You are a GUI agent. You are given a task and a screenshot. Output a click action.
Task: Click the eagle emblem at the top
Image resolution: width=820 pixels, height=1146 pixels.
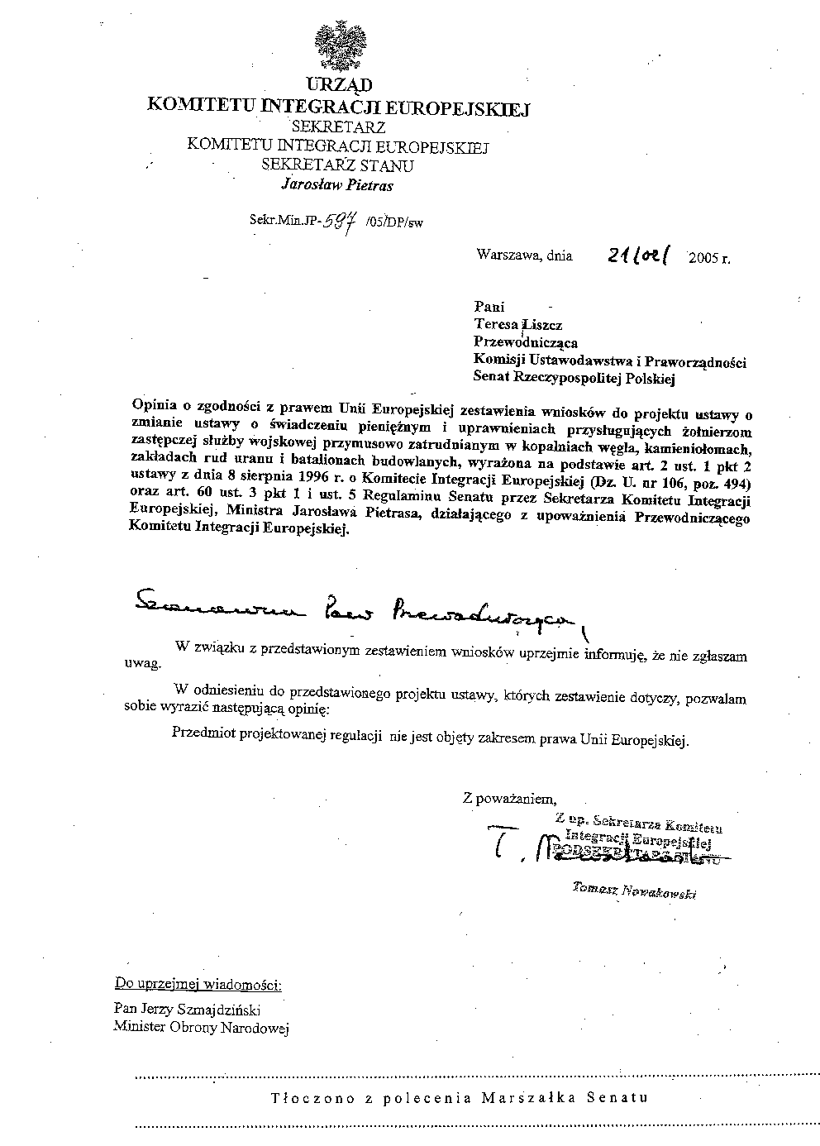tap(338, 47)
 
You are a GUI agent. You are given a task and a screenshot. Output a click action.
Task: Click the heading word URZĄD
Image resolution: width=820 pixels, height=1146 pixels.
tap(339, 85)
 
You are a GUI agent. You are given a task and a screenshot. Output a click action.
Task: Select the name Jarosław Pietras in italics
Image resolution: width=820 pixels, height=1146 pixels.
tap(337, 185)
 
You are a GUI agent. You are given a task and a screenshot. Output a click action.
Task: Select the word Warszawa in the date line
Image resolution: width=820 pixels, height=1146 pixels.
tap(505, 255)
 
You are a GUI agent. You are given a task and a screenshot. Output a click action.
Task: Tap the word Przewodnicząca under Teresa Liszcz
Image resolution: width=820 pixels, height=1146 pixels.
tap(525, 342)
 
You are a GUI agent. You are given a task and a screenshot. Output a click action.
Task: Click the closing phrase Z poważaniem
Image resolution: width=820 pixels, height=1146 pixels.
tap(510, 798)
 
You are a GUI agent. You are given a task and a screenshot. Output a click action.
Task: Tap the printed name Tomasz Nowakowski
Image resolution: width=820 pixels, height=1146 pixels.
tap(633, 891)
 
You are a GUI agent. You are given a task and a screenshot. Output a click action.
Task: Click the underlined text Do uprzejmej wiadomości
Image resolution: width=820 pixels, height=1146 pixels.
tap(198, 985)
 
